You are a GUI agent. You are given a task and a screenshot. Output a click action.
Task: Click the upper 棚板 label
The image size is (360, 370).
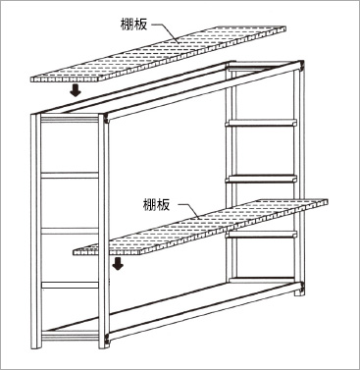(x=133, y=25)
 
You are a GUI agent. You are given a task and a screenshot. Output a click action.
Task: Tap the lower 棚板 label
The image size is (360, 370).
(x=156, y=204)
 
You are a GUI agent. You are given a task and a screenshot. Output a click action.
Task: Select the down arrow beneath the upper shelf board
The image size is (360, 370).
(x=76, y=89)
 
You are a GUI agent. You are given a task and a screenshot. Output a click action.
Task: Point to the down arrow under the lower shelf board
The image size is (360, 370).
(x=118, y=263)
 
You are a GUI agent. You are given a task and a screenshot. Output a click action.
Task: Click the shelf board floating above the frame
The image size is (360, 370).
(x=158, y=54)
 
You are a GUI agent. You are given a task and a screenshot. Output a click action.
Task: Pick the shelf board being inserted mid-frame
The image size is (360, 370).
(x=200, y=227)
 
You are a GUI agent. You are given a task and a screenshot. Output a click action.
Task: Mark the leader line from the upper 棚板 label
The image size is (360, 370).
(x=167, y=33)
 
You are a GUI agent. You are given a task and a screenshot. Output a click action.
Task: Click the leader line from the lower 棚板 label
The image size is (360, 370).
(x=189, y=211)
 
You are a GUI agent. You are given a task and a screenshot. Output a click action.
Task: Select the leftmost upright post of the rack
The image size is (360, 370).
(x=36, y=232)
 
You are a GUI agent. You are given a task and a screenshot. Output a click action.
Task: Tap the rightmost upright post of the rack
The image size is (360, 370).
(x=297, y=179)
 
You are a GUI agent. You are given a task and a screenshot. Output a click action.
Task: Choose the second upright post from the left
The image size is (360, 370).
(x=104, y=232)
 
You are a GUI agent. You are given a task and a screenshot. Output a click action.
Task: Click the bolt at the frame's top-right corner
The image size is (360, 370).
(x=302, y=67)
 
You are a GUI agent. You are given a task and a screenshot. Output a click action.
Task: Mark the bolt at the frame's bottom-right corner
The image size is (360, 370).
(x=302, y=289)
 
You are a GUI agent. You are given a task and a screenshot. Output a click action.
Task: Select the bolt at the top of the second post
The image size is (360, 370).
(x=107, y=121)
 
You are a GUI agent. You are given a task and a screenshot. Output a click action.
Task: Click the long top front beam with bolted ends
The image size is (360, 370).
(x=205, y=91)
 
